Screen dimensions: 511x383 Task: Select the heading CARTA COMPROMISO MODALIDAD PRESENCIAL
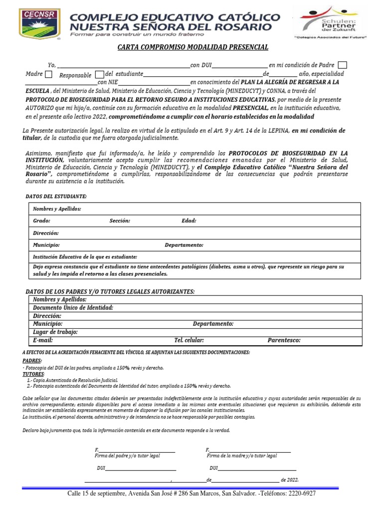[x=192, y=47]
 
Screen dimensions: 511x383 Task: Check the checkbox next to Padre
[x=343, y=65]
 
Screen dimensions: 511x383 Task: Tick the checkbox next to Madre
[x=48, y=75]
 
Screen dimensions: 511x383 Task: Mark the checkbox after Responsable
[x=99, y=75]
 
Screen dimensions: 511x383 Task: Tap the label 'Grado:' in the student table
[x=41, y=221]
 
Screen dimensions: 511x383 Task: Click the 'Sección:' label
[x=120, y=221]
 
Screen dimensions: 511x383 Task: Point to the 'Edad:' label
[x=189, y=221]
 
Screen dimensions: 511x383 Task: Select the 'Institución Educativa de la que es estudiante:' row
[x=85, y=256]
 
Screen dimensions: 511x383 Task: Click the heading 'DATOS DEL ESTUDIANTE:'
[x=56, y=197]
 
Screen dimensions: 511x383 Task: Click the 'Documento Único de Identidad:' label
[x=73, y=308]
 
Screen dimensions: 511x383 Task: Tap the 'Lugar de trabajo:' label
[x=55, y=332]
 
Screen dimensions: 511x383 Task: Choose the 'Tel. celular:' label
[x=189, y=340]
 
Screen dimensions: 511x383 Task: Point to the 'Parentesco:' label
[x=284, y=340]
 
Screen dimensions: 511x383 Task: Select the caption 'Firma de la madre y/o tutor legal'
[x=242, y=456]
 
